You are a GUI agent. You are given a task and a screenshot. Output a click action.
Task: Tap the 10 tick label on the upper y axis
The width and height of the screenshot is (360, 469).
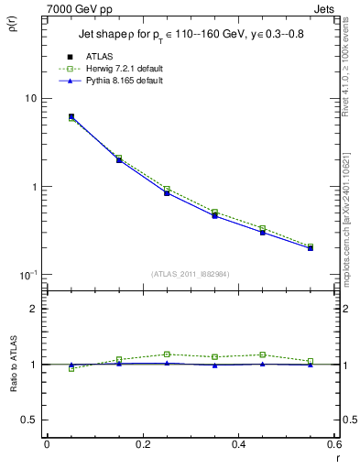30,98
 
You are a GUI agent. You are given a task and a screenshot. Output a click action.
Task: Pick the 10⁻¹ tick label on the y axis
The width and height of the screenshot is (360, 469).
27,274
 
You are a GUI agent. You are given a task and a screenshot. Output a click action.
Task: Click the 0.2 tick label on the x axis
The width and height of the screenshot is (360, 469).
143,443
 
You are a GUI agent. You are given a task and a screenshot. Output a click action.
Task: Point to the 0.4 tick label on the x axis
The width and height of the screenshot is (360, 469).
239,443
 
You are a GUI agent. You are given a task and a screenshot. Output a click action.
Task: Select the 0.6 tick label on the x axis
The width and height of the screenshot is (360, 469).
334,443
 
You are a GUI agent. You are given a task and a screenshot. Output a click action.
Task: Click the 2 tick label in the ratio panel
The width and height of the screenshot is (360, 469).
34,309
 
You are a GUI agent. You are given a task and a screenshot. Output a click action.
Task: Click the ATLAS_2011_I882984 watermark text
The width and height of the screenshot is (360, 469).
191,274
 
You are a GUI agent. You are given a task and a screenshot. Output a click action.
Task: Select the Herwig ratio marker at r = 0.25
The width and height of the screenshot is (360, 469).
167,354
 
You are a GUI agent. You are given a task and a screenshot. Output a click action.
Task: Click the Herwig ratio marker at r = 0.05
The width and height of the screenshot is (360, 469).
71,368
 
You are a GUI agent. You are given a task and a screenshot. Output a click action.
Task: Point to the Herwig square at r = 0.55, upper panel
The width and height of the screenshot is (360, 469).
311,246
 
